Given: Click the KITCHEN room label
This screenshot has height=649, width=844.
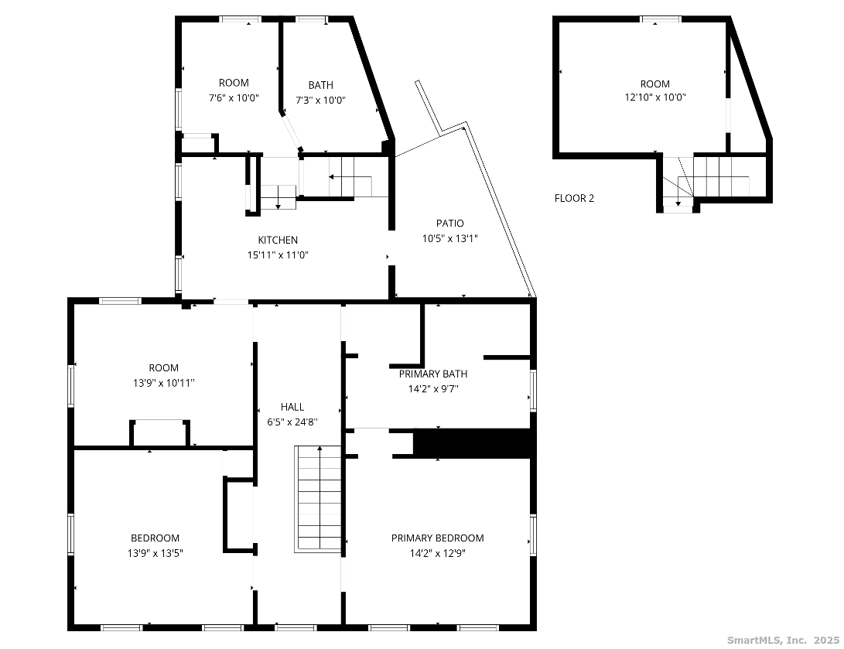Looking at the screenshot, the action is [278, 240].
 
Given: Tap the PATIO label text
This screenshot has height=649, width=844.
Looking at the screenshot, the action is [450, 224].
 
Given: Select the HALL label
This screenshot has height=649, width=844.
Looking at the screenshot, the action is [292, 407].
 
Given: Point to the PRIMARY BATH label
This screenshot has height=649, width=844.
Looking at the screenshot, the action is [433, 374].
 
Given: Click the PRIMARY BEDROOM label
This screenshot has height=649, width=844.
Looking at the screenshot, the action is [438, 538].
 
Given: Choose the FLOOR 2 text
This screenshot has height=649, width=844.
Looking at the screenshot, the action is [574, 198].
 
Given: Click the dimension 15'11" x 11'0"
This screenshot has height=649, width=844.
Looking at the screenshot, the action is [278, 255].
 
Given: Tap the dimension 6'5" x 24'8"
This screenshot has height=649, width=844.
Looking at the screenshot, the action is [292, 422].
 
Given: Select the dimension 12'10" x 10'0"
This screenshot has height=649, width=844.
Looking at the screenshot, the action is [655, 97].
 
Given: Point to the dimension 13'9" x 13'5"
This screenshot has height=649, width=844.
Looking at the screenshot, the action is [155, 553].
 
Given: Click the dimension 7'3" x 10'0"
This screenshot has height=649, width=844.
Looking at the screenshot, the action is [320, 100].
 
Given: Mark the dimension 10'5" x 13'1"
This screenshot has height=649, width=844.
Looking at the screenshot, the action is [450, 238].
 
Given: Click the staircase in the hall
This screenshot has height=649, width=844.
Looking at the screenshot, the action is [318, 499].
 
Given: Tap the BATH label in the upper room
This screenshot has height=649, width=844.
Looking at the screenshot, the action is [321, 85].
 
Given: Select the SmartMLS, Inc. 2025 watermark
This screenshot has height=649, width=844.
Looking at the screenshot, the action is [783, 640].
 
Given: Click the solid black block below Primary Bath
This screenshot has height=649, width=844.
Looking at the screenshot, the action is [473, 443].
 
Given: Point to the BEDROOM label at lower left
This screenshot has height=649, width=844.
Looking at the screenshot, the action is [155, 538].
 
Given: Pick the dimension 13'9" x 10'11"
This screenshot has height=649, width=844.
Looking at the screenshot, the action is [164, 383].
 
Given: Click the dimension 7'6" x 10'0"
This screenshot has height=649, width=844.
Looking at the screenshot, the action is [234, 98].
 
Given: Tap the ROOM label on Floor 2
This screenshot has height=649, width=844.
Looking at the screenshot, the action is [655, 84].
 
